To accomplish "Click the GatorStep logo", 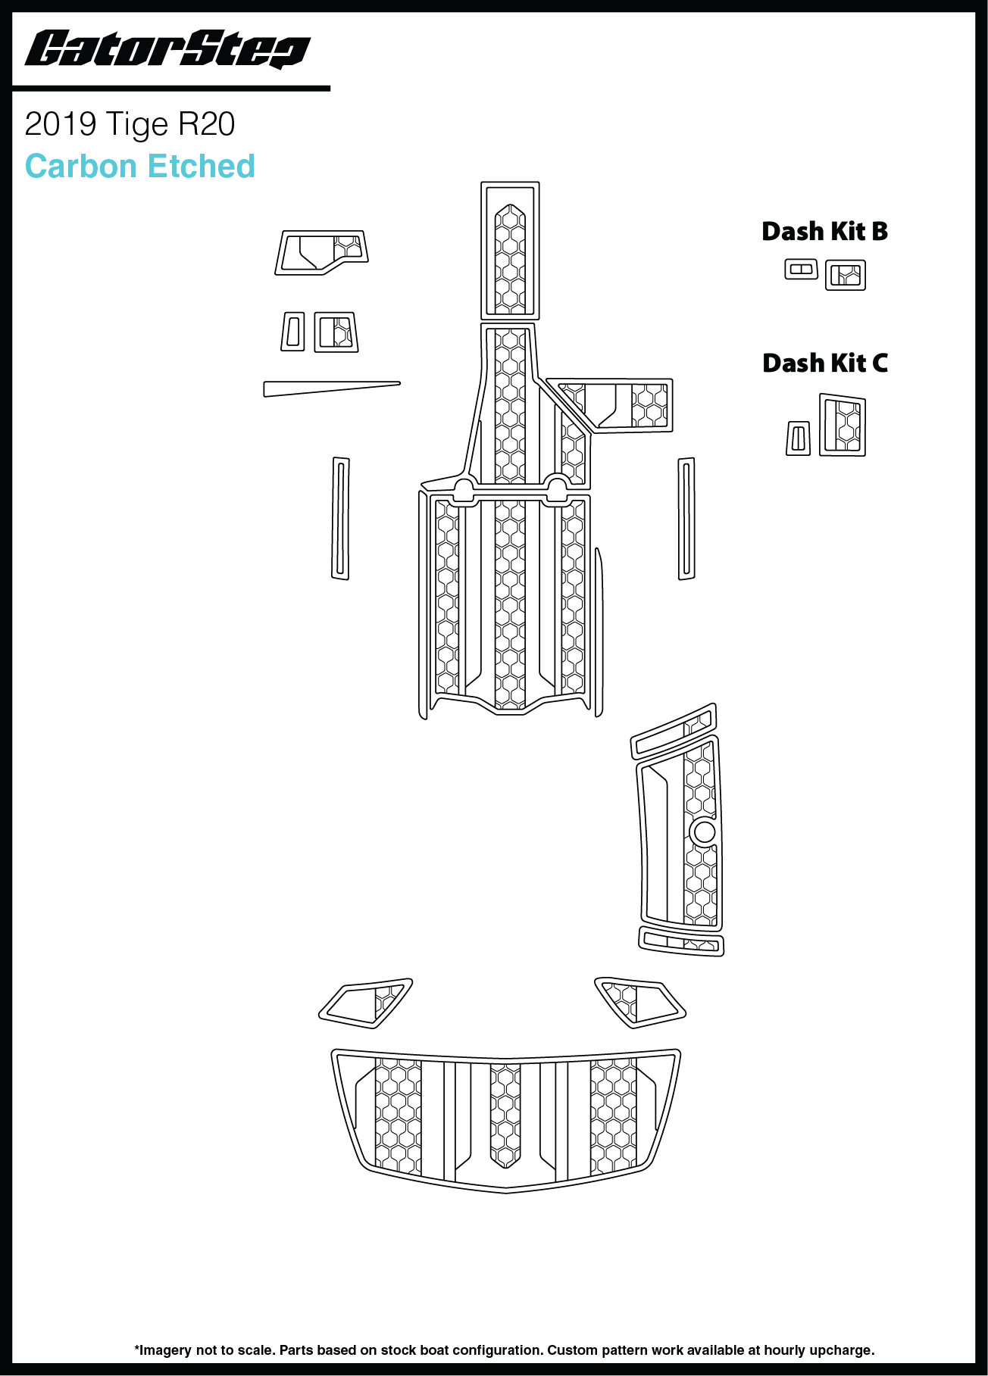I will pyautogui.click(x=167, y=50).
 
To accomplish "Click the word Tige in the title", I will pyautogui.click(x=136, y=125).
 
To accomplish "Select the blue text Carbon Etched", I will pyautogui.click(x=140, y=167).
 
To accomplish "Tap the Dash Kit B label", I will pyautogui.click(x=824, y=232).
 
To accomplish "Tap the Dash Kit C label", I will pyautogui.click(x=825, y=364).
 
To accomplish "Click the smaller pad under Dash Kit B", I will pyautogui.click(x=801, y=269).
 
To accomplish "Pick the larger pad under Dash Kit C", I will pyautogui.click(x=843, y=425).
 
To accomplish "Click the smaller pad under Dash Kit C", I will pyautogui.click(x=798, y=438).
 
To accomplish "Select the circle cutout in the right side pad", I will pyautogui.click(x=704, y=832).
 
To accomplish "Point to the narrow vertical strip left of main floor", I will pyautogui.click(x=340, y=518).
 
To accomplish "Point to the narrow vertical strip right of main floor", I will pyautogui.click(x=686, y=518).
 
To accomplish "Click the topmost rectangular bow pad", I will pyautogui.click(x=510, y=250).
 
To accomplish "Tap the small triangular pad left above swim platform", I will pyautogui.click(x=366, y=1003).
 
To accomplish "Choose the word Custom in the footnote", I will pyautogui.click(x=570, y=1350).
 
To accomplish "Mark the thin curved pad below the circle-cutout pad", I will pyautogui.click(x=680, y=942).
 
